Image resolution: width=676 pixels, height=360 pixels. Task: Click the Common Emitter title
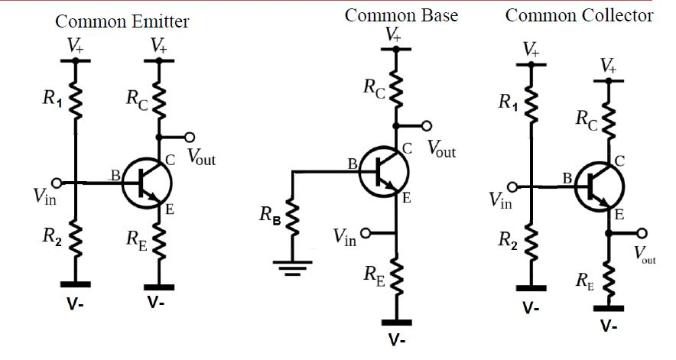pos(122,22)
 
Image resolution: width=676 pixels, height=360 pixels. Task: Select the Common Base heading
pos(401,15)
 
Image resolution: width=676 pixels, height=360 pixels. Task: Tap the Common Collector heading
pos(579,15)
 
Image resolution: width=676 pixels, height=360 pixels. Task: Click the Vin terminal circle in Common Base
pos(366,233)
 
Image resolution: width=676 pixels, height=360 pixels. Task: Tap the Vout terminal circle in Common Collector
pos(642,233)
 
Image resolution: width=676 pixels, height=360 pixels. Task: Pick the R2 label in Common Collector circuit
pos(506,240)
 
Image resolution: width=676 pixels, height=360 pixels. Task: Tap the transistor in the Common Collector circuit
pos(599,186)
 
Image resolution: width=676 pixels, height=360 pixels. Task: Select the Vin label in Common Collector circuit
pos(502,199)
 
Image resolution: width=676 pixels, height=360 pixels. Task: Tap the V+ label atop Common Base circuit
pos(393,34)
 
